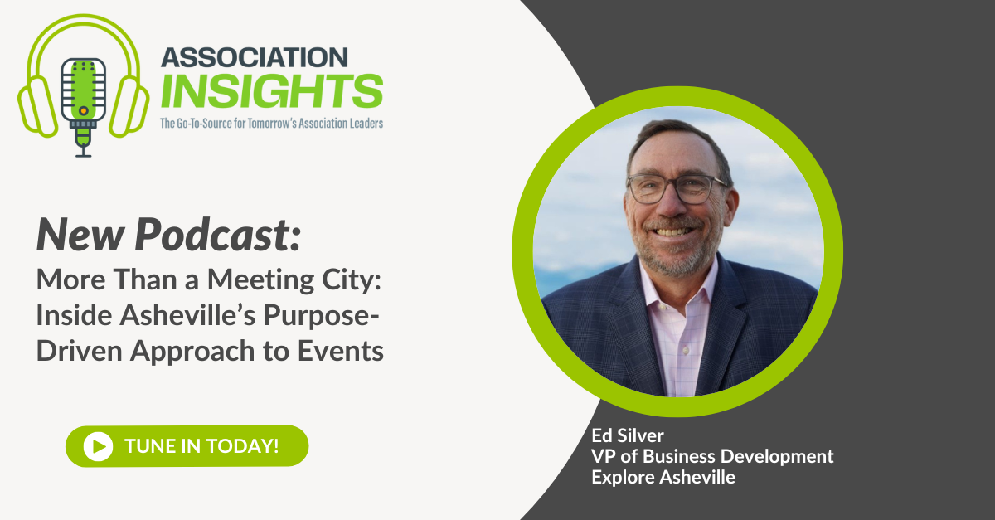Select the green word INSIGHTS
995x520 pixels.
pyautogui.click(x=271, y=91)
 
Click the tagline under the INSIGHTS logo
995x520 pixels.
pyautogui.click(x=271, y=124)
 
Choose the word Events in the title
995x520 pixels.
pyautogui.click(x=342, y=351)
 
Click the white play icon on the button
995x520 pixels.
pyautogui.click(x=98, y=445)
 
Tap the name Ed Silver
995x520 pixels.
pyautogui.click(x=621, y=435)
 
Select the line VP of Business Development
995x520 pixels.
pyautogui.click(x=712, y=456)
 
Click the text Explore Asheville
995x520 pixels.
pyautogui.click(x=663, y=477)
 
